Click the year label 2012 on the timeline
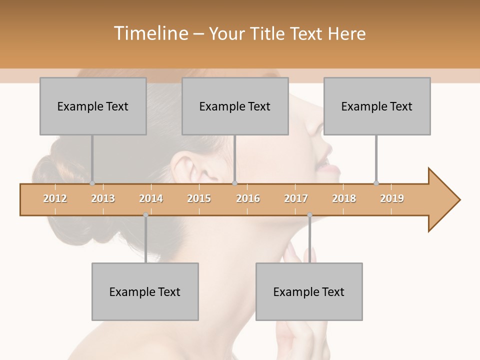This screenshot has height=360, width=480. click(x=55, y=198)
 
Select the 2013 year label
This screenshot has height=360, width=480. click(x=103, y=198)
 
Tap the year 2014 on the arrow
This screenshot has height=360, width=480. click(x=151, y=198)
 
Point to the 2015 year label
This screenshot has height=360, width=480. click(x=199, y=198)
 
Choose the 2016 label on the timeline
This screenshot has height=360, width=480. click(x=248, y=198)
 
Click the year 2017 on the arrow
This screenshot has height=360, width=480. click(x=296, y=198)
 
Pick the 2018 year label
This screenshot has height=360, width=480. click(x=344, y=198)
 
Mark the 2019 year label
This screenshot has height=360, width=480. click(x=392, y=198)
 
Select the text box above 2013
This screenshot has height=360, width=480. click(x=93, y=106)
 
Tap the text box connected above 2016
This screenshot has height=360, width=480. click(x=235, y=106)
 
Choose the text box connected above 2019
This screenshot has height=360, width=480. click(x=377, y=106)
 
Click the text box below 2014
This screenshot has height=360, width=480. click(x=145, y=291)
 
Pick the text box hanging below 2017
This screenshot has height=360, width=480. click(x=309, y=291)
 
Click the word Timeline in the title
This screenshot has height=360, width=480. click(x=150, y=33)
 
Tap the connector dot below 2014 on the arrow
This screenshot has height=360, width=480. click(x=145, y=215)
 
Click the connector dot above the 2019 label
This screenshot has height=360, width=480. click(x=376, y=183)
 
